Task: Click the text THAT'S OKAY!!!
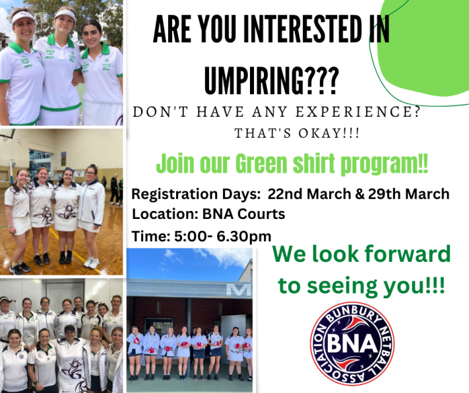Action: click(x=297, y=134)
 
